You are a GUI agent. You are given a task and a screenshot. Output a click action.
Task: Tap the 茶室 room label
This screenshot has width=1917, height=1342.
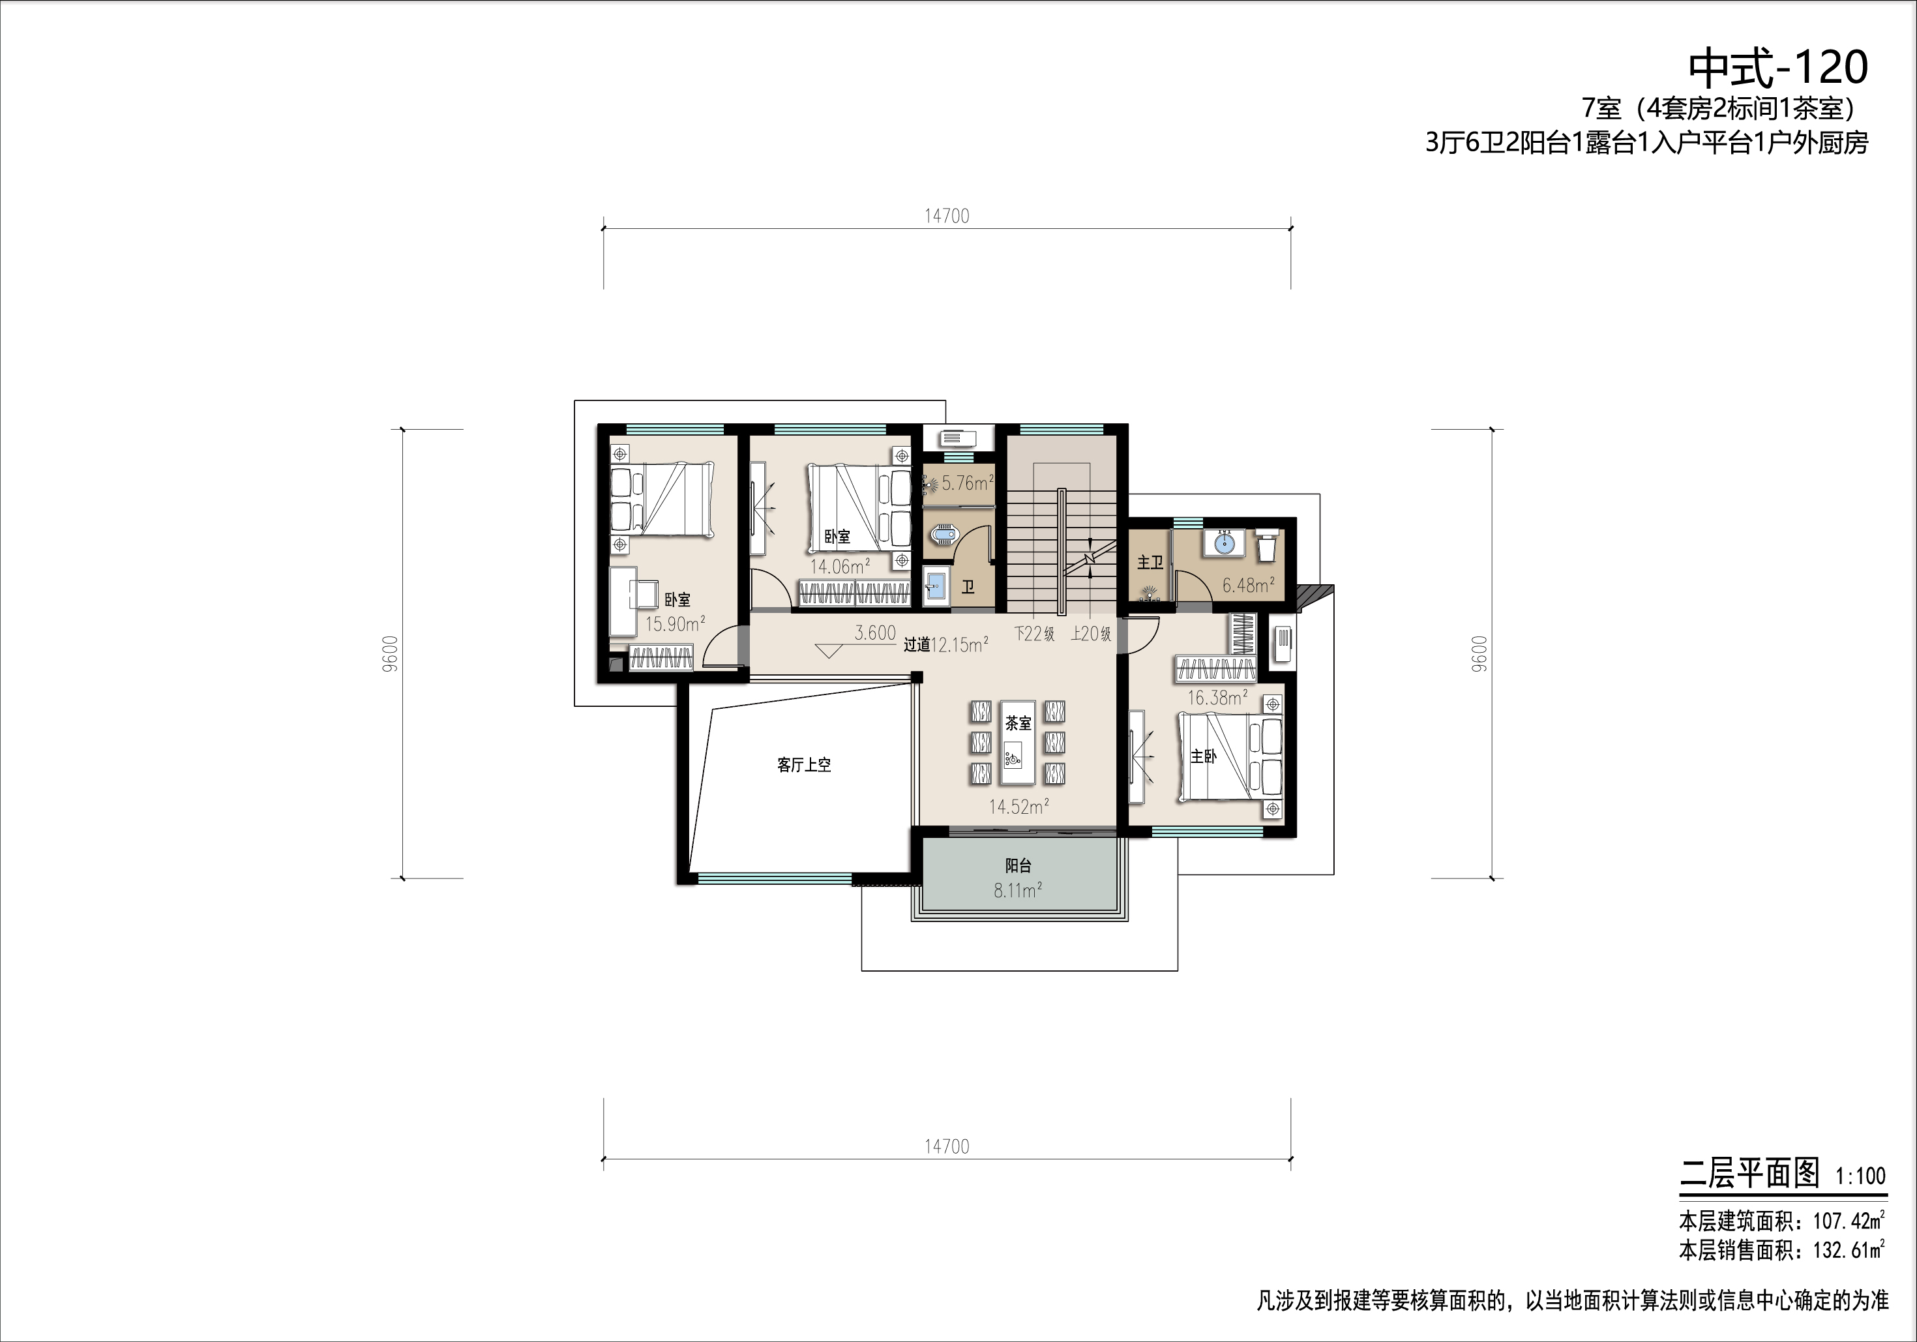1018,723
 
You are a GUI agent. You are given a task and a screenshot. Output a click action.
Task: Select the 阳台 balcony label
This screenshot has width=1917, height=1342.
1018,866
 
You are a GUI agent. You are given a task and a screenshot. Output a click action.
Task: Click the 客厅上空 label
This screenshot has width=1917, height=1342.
804,765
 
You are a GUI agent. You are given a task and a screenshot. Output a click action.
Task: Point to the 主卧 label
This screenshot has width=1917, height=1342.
1203,756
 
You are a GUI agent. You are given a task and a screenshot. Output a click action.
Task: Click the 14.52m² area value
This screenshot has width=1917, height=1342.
1018,807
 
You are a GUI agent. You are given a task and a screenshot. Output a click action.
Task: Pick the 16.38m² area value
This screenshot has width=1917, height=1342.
1217,697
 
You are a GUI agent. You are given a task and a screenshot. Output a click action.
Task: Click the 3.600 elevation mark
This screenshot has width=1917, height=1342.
875,633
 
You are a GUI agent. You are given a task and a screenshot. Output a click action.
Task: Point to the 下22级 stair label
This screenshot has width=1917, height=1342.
1035,634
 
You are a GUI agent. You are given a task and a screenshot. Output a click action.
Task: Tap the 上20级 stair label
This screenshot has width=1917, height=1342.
1092,634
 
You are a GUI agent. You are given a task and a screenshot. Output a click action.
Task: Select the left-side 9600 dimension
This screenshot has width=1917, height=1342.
393,654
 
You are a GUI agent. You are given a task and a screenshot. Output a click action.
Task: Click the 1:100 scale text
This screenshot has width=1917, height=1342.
1860,1176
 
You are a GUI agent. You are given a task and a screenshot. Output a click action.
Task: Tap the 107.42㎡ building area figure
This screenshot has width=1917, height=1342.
1849,1222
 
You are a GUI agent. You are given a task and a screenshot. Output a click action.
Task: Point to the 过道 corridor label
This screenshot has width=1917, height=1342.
917,645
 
